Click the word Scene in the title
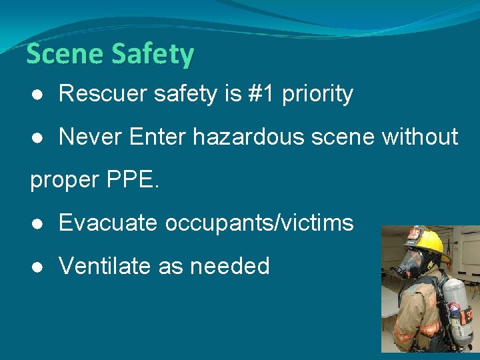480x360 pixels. [x=65, y=54]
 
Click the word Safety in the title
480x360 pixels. [x=153, y=54]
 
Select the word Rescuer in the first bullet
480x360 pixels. [x=103, y=94]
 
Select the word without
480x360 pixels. [x=420, y=137]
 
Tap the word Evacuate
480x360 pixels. [x=109, y=223]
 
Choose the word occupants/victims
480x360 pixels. [x=259, y=223]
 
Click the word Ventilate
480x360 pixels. [x=105, y=266]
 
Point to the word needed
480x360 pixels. [x=230, y=266]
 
